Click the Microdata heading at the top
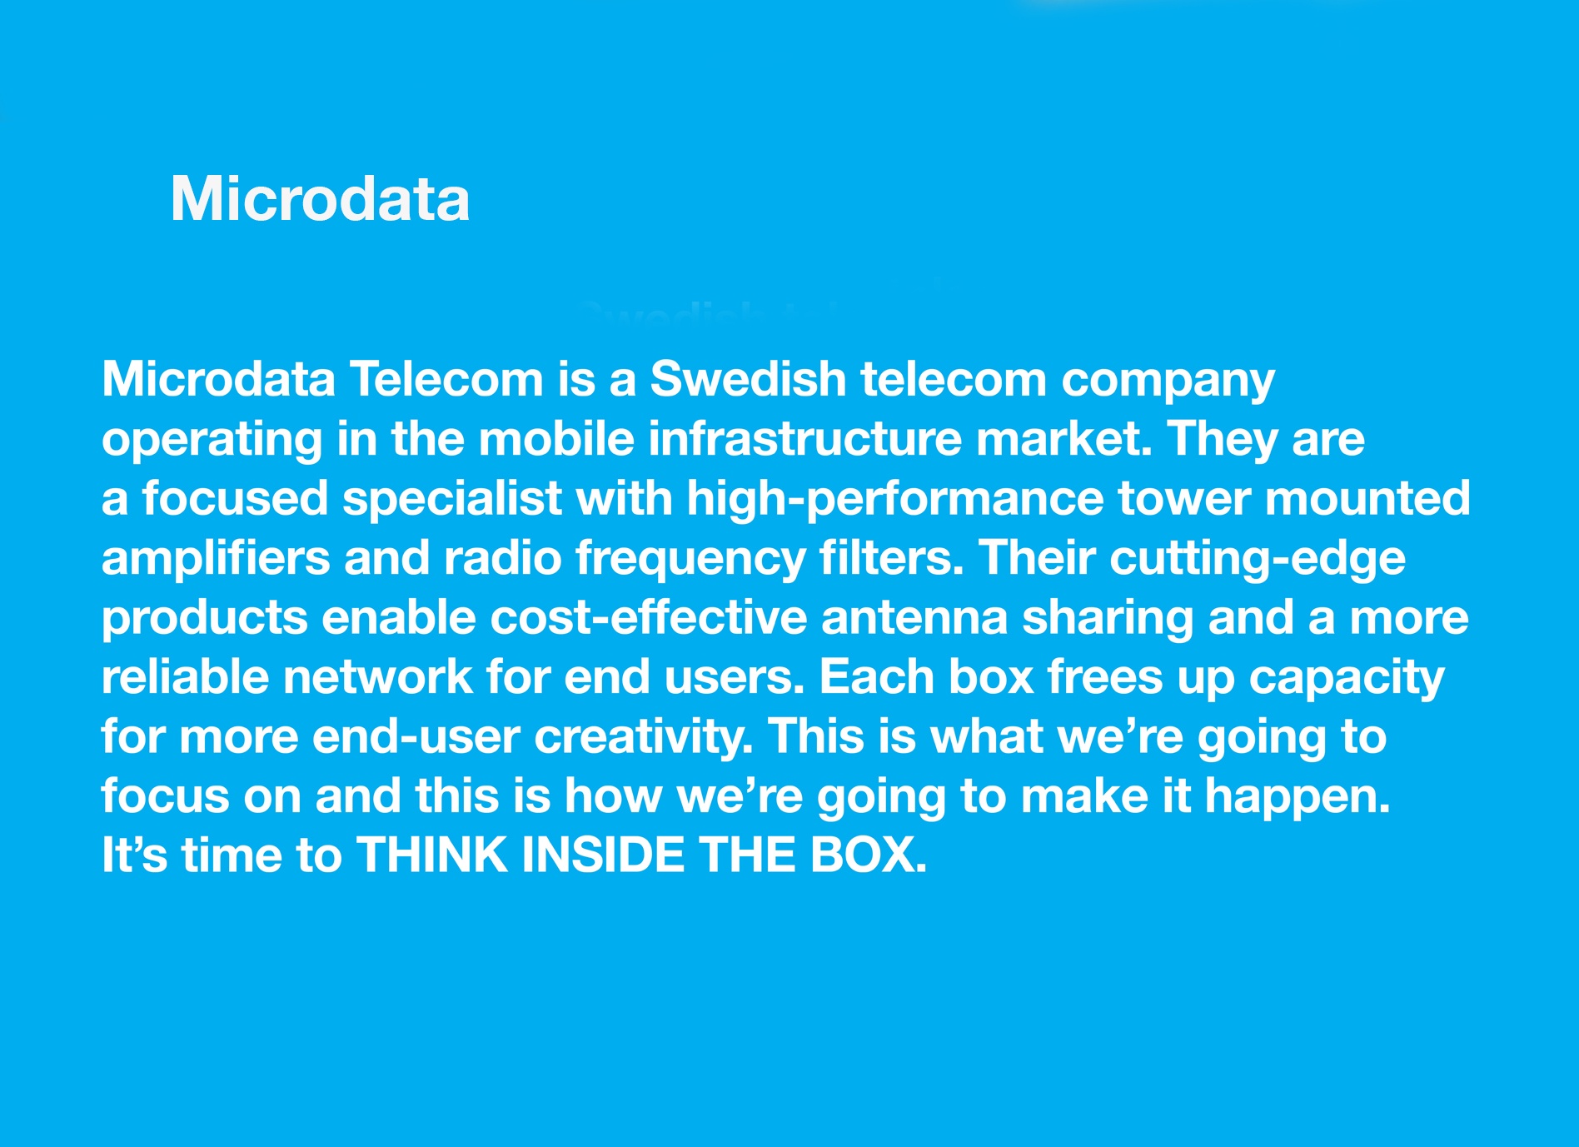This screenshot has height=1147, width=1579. [321, 199]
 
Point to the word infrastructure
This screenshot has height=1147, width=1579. [804, 438]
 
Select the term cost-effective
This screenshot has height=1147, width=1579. [648, 617]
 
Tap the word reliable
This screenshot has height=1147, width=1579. [185, 676]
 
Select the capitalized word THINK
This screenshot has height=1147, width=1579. [432, 855]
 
